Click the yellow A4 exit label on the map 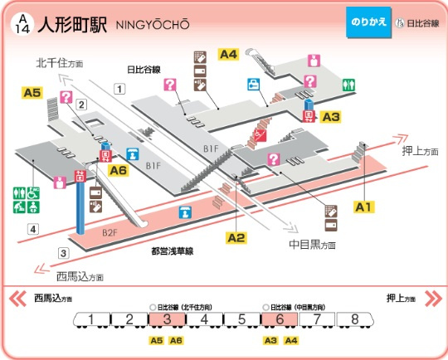pyautogui.click(x=228, y=54)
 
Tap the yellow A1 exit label pyautogui.click(x=364, y=205)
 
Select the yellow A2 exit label pyautogui.click(x=236, y=238)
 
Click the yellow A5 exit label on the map pyautogui.click(x=32, y=93)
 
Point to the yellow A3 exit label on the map pyautogui.click(x=331, y=116)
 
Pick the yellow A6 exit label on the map pyautogui.click(x=119, y=170)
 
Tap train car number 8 pyautogui.click(x=355, y=319)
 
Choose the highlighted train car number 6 pyautogui.click(x=280, y=319)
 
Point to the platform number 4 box pyautogui.click(x=33, y=229)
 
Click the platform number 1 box pyautogui.click(x=119, y=89)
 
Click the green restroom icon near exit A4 pyautogui.click(x=349, y=84)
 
